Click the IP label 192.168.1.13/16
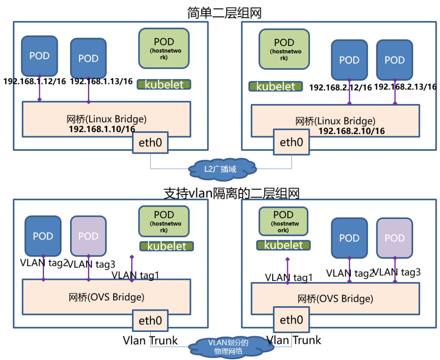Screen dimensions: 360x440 point(101,81)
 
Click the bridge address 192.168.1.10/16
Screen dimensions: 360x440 point(102,129)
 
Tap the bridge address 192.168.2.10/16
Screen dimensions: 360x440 point(351,131)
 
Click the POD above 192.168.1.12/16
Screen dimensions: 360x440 point(40,55)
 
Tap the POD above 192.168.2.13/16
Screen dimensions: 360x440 point(395,60)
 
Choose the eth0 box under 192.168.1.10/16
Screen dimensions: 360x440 point(150,142)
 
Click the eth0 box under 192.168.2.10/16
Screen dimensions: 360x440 point(291,142)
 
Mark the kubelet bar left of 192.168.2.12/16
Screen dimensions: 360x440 point(276,86)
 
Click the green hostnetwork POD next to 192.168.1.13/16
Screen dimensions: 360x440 point(164,47)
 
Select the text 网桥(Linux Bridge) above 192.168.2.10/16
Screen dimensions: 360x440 point(335,121)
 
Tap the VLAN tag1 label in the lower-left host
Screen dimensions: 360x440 point(135,276)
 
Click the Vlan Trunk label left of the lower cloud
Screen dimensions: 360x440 point(150,340)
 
